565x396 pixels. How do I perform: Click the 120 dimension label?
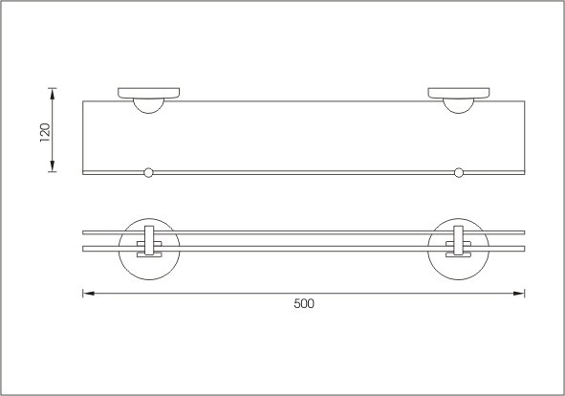[x=45, y=132]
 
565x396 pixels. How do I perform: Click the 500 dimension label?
[x=304, y=303]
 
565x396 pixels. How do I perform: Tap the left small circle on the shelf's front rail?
[x=148, y=173]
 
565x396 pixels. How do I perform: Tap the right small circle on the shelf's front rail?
[x=458, y=173]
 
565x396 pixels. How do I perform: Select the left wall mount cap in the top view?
[x=149, y=93]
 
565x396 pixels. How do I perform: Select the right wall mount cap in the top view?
[x=459, y=93]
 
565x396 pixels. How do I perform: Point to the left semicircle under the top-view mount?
[x=148, y=113]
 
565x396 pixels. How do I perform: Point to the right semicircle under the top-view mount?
[x=458, y=113]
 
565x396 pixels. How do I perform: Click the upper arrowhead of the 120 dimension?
[x=53, y=94]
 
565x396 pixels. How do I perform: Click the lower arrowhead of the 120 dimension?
[x=53, y=165]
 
